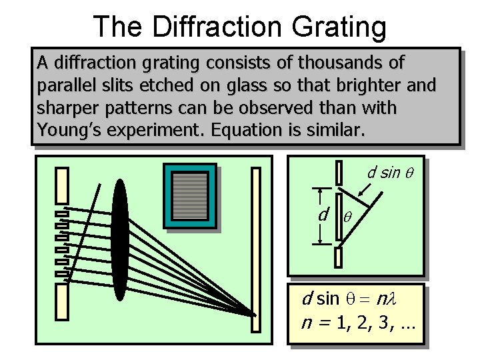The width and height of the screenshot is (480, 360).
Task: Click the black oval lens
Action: click(120, 241)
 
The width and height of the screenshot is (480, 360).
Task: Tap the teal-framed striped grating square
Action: click(191, 196)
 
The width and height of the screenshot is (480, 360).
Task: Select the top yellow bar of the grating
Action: click(62, 187)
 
